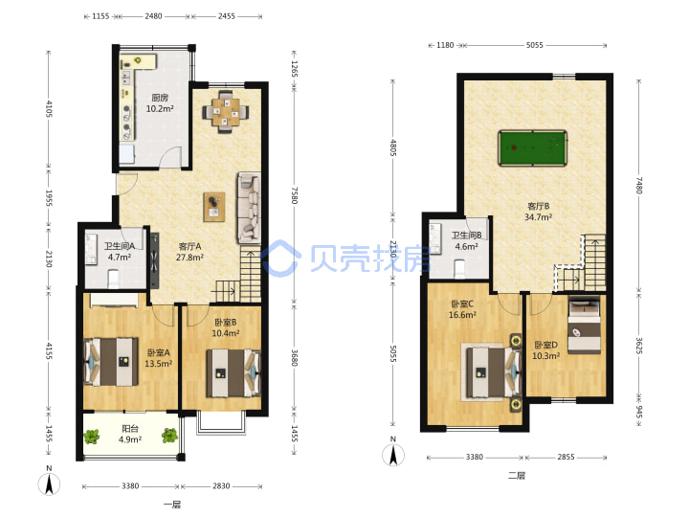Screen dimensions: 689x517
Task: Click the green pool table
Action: tap(532, 147)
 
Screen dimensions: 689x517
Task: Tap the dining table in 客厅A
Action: tap(226, 112)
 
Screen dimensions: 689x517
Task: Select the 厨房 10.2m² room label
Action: tap(160, 102)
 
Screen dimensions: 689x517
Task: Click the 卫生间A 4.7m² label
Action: tap(119, 252)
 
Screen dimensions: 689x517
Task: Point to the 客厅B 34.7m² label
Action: tap(538, 212)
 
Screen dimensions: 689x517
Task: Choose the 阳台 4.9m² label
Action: tap(130, 434)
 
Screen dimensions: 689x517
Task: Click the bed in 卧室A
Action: tap(111, 361)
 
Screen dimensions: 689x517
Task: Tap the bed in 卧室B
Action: tap(233, 372)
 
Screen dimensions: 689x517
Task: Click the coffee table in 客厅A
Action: tap(214, 207)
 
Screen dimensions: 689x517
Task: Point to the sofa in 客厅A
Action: tap(249, 208)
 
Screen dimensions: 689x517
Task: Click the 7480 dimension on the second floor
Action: tap(639, 185)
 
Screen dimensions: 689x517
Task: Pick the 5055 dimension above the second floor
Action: tap(534, 45)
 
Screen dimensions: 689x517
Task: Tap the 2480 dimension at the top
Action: tap(153, 16)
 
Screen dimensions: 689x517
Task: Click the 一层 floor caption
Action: tap(172, 505)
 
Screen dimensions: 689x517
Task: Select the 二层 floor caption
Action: tap(517, 475)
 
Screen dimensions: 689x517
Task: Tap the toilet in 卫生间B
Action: tap(459, 269)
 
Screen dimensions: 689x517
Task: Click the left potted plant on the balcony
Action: tap(92, 437)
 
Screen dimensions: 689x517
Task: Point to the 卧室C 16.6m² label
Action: tap(462, 309)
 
